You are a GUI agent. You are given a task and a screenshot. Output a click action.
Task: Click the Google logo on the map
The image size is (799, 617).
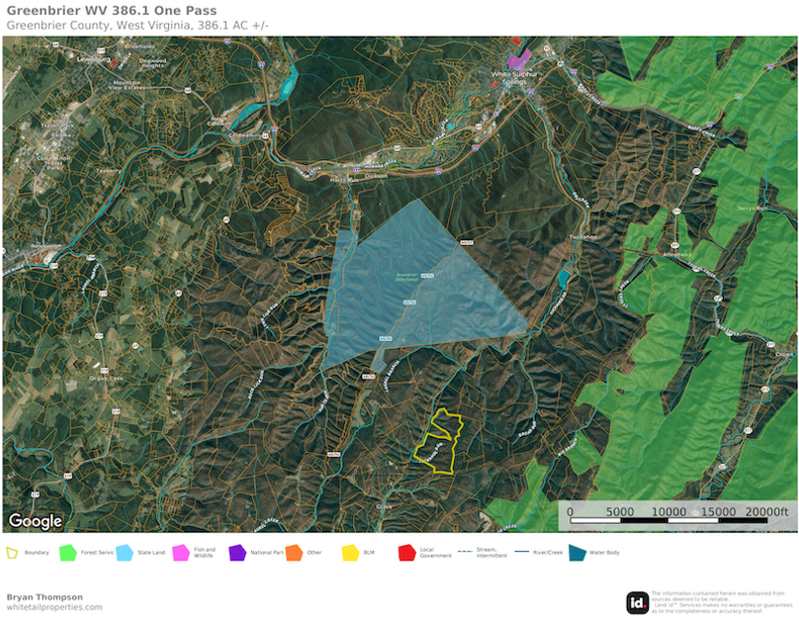pyautogui.click(x=36, y=520)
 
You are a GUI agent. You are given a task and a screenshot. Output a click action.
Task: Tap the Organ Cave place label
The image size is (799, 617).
pyautogui.click(x=103, y=377)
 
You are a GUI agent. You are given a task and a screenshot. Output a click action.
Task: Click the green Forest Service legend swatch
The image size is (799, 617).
pyautogui.click(x=68, y=552)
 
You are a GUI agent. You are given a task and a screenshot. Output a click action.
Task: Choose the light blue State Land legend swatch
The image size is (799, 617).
pyautogui.click(x=125, y=552)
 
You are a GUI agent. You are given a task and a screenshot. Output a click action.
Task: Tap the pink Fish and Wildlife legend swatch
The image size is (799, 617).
pyautogui.click(x=181, y=552)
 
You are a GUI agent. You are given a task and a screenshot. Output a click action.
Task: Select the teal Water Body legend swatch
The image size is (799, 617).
pyautogui.click(x=576, y=552)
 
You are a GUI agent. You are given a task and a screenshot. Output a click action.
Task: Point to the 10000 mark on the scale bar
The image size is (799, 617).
pyautogui.click(x=669, y=511)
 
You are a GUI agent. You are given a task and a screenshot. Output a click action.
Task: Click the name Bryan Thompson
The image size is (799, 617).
pyautogui.click(x=44, y=596)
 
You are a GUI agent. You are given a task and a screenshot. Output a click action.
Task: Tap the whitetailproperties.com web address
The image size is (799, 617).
pyautogui.click(x=53, y=607)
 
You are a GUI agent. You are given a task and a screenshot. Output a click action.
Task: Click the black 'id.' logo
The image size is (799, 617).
pyautogui.click(x=638, y=602)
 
